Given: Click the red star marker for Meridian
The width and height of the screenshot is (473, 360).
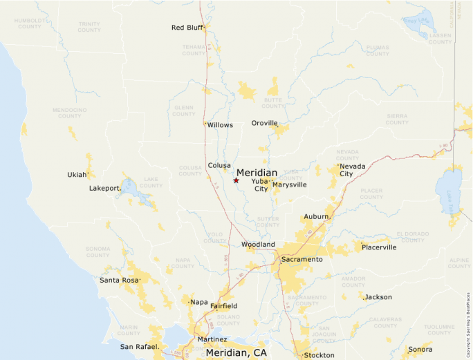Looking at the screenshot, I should click(x=236, y=180).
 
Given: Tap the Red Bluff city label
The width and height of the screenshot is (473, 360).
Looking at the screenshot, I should click(x=187, y=28).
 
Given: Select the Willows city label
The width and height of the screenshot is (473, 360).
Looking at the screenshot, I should click(x=220, y=125).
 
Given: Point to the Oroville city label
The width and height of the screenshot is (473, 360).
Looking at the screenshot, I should click(x=264, y=123).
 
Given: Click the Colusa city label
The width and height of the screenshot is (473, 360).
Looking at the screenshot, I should click(x=220, y=165).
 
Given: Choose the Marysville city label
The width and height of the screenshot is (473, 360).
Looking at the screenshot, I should click(x=290, y=184).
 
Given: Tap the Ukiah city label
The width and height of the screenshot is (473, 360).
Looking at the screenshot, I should click(x=77, y=174).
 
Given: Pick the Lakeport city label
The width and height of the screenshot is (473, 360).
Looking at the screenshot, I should click(x=105, y=188).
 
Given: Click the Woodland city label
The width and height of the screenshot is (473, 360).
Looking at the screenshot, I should click(x=258, y=245).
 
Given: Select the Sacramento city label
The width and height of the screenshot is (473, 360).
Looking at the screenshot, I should click(x=302, y=259).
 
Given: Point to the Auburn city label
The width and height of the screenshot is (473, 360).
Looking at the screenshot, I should click(x=316, y=216).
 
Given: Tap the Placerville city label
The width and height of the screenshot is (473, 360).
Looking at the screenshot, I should click(x=379, y=247).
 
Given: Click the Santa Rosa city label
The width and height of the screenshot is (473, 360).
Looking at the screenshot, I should click(x=119, y=280).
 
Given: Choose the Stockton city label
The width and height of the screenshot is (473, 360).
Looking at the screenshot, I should click(x=319, y=355).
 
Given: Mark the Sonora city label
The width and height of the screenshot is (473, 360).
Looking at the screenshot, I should click(x=420, y=349).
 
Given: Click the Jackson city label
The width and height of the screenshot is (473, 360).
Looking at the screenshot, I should click(x=378, y=297).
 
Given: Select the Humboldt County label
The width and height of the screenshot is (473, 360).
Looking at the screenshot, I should click(x=30, y=23).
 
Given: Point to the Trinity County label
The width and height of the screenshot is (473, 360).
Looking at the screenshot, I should click(x=89, y=27).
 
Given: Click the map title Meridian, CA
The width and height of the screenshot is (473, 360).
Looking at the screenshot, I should click(x=236, y=352).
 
